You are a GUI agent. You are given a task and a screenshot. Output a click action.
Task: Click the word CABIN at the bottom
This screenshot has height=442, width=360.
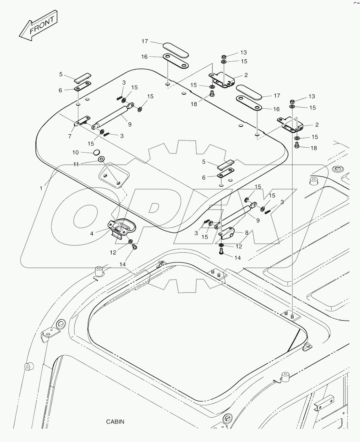pyautogui.click(x=115, y=422)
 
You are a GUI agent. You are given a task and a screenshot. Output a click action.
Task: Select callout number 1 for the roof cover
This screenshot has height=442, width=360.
pyautogui.click(x=41, y=188)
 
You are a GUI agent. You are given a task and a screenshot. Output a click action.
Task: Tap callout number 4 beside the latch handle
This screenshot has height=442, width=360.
pyautogui.click(x=92, y=233)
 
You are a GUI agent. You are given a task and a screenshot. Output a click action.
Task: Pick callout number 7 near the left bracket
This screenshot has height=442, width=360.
pyautogui.click(x=70, y=136)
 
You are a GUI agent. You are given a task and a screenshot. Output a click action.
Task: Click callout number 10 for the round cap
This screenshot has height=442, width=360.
pyautogui.click(x=76, y=152)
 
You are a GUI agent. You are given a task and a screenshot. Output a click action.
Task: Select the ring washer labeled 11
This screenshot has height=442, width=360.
pyautogui.click(x=101, y=159)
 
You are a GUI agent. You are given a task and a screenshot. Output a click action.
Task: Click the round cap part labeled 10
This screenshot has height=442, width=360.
pyautogui.click(x=96, y=152)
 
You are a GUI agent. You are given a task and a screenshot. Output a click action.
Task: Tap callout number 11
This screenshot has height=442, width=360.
pyautogui.click(x=76, y=165)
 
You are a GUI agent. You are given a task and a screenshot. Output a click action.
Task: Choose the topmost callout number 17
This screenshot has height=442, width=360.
pyautogui.click(x=145, y=41)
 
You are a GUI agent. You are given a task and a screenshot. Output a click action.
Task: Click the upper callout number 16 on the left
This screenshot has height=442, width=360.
pyautogui.click(x=144, y=57)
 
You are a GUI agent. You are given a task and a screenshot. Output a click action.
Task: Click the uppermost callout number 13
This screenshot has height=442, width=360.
pyautogui.click(x=243, y=52)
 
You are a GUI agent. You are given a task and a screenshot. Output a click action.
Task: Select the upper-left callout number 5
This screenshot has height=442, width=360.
pyautogui.click(x=61, y=74)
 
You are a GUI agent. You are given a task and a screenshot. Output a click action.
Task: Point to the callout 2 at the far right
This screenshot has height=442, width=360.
pyautogui.click(x=317, y=125)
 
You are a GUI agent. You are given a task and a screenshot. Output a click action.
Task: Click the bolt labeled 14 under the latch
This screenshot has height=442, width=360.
pyautogui.click(x=133, y=248)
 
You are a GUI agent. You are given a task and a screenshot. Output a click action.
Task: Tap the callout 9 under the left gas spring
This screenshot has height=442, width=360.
pyautogui.click(x=130, y=124)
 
